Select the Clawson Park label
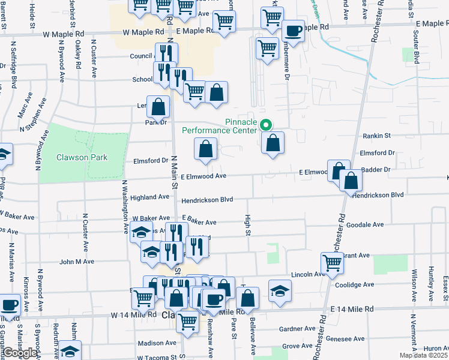pyautogui.click(x=82, y=157)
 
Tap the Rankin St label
pyautogui.click(x=376, y=136)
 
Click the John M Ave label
pyautogui.click(x=77, y=262)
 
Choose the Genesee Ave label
pyautogui.click(x=341, y=338)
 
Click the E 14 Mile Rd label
pyautogui.click(x=352, y=308)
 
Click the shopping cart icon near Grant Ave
pyautogui.click(x=332, y=262)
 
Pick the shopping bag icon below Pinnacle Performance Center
pyautogui.click(x=273, y=143)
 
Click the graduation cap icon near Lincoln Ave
pyautogui.click(x=280, y=290)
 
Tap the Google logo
pyautogui.click(x=20, y=353)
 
